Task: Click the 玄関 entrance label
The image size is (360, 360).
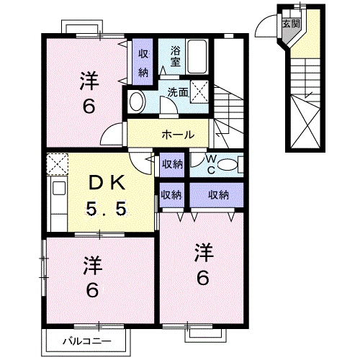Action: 291,24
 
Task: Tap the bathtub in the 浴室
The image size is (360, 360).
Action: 197,57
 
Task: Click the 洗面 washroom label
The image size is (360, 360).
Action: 178,92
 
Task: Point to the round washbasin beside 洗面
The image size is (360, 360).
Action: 136,102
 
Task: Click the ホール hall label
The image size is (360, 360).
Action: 178,135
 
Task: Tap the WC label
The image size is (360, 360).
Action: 211,164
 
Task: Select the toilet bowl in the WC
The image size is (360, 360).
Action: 228,165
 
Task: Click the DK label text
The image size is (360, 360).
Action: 107,183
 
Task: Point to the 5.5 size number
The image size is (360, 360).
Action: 107,208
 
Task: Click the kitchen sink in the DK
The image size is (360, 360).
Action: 59,189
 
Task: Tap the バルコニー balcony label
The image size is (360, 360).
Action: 87,341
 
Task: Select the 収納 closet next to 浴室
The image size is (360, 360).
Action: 143,62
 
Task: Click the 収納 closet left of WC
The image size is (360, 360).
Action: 172,164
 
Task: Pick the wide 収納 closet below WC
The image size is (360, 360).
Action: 217,195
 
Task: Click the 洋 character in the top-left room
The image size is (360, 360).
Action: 89,81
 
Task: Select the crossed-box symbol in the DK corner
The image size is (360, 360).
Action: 57,164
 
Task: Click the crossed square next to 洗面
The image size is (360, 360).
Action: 199,92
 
